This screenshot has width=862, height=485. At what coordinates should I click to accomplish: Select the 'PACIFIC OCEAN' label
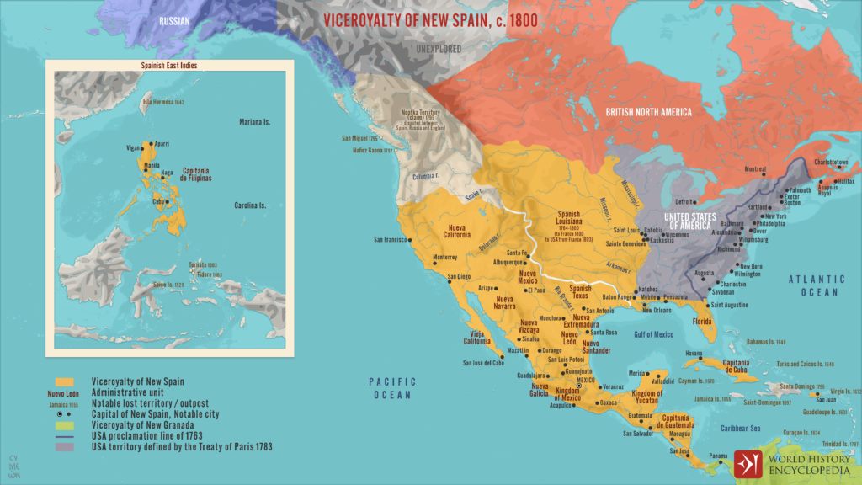click(x=392, y=388)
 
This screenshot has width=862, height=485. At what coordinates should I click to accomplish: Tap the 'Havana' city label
click(x=670, y=353)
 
